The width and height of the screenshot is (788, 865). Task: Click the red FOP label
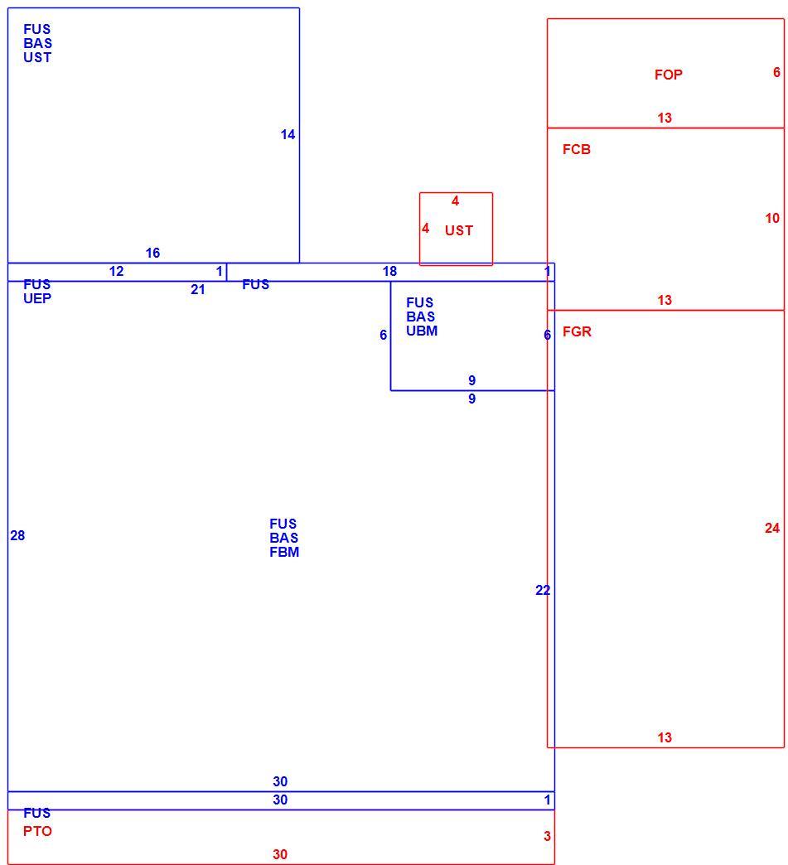(x=668, y=75)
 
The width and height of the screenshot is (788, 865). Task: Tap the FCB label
(x=577, y=149)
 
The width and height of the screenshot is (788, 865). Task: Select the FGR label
(x=577, y=331)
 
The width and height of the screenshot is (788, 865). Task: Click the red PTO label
(x=37, y=831)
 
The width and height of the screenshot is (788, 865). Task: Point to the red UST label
(x=459, y=230)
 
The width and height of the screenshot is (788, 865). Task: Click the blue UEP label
(x=37, y=298)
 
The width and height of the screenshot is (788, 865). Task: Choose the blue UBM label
(x=422, y=331)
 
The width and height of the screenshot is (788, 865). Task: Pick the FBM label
(x=284, y=552)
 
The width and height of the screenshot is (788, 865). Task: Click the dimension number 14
(x=288, y=134)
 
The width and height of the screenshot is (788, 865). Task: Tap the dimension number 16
(x=152, y=254)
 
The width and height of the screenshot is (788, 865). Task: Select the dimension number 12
(x=117, y=272)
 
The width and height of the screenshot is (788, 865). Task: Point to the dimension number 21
(x=198, y=290)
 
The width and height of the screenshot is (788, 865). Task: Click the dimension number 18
(x=389, y=272)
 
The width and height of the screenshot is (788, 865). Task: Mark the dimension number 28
(x=17, y=536)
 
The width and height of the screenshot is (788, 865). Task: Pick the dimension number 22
(x=543, y=590)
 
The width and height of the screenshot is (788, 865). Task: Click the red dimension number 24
(x=772, y=529)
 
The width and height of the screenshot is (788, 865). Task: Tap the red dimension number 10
(x=772, y=219)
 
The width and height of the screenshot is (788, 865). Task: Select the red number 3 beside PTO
(x=547, y=836)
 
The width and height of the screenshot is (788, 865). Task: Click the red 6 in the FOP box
(x=776, y=72)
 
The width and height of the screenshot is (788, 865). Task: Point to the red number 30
(x=280, y=854)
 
